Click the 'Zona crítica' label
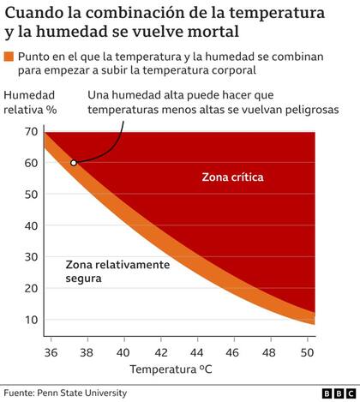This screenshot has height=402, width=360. click(x=231, y=177)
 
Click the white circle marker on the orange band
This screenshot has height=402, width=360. click(x=74, y=163)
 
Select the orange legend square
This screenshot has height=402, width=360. click(x=9, y=57)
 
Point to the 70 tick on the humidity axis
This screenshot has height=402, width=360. click(x=30, y=131)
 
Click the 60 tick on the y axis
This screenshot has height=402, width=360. click(x=30, y=163)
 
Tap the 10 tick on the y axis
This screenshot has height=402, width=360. click(x=30, y=320)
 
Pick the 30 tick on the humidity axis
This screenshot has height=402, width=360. click(x=30, y=257)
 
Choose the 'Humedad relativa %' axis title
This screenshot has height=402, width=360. click(x=31, y=101)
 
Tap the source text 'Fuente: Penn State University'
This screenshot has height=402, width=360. click(x=64, y=393)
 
